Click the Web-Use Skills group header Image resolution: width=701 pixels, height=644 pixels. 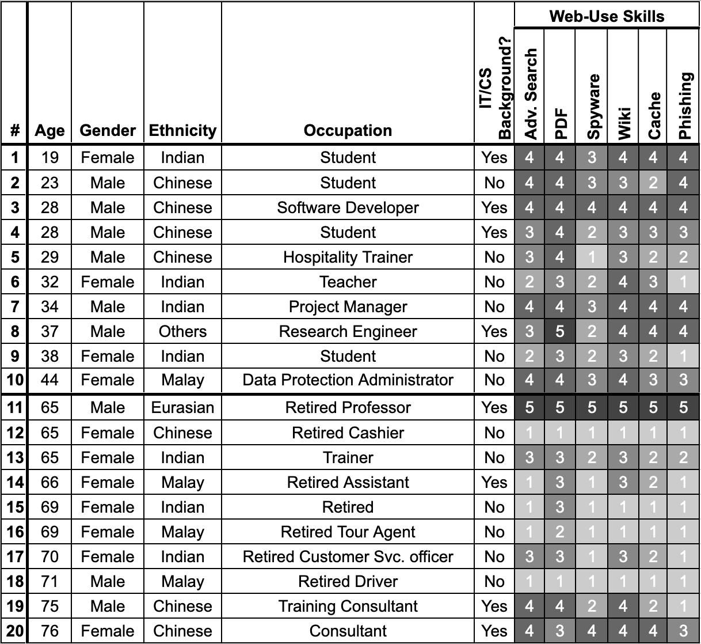tap(607, 16)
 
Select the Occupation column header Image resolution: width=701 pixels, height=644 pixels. tap(348, 131)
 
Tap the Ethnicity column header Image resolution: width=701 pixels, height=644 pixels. tap(182, 131)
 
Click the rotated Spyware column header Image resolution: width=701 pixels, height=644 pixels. tap(593, 107)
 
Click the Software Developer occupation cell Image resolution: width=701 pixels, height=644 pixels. tap(348, 208)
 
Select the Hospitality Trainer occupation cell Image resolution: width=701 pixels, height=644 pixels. tap(348, 257)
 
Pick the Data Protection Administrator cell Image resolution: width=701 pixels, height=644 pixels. tap(348, 380)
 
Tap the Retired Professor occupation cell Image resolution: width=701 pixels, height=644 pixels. tap(348, 408)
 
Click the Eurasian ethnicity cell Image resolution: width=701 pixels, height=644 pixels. tap(182, 408)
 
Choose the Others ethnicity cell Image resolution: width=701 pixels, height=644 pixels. tap(182, 332)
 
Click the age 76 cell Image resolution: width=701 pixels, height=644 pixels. tap(49, 631)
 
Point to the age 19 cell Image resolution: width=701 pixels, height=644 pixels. tap(49, 158)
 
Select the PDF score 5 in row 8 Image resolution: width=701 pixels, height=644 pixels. tap(560, 332)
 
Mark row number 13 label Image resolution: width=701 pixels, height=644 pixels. tap(15, 458)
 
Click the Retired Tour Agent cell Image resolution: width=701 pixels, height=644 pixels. tap(348, 532)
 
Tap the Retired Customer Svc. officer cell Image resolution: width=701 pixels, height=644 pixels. tap(348, 557)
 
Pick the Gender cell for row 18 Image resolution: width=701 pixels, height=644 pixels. tap(108, 582)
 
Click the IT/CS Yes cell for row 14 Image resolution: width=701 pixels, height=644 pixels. tap(494, 483)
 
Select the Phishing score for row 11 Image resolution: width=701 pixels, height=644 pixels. tap(683, 408)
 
